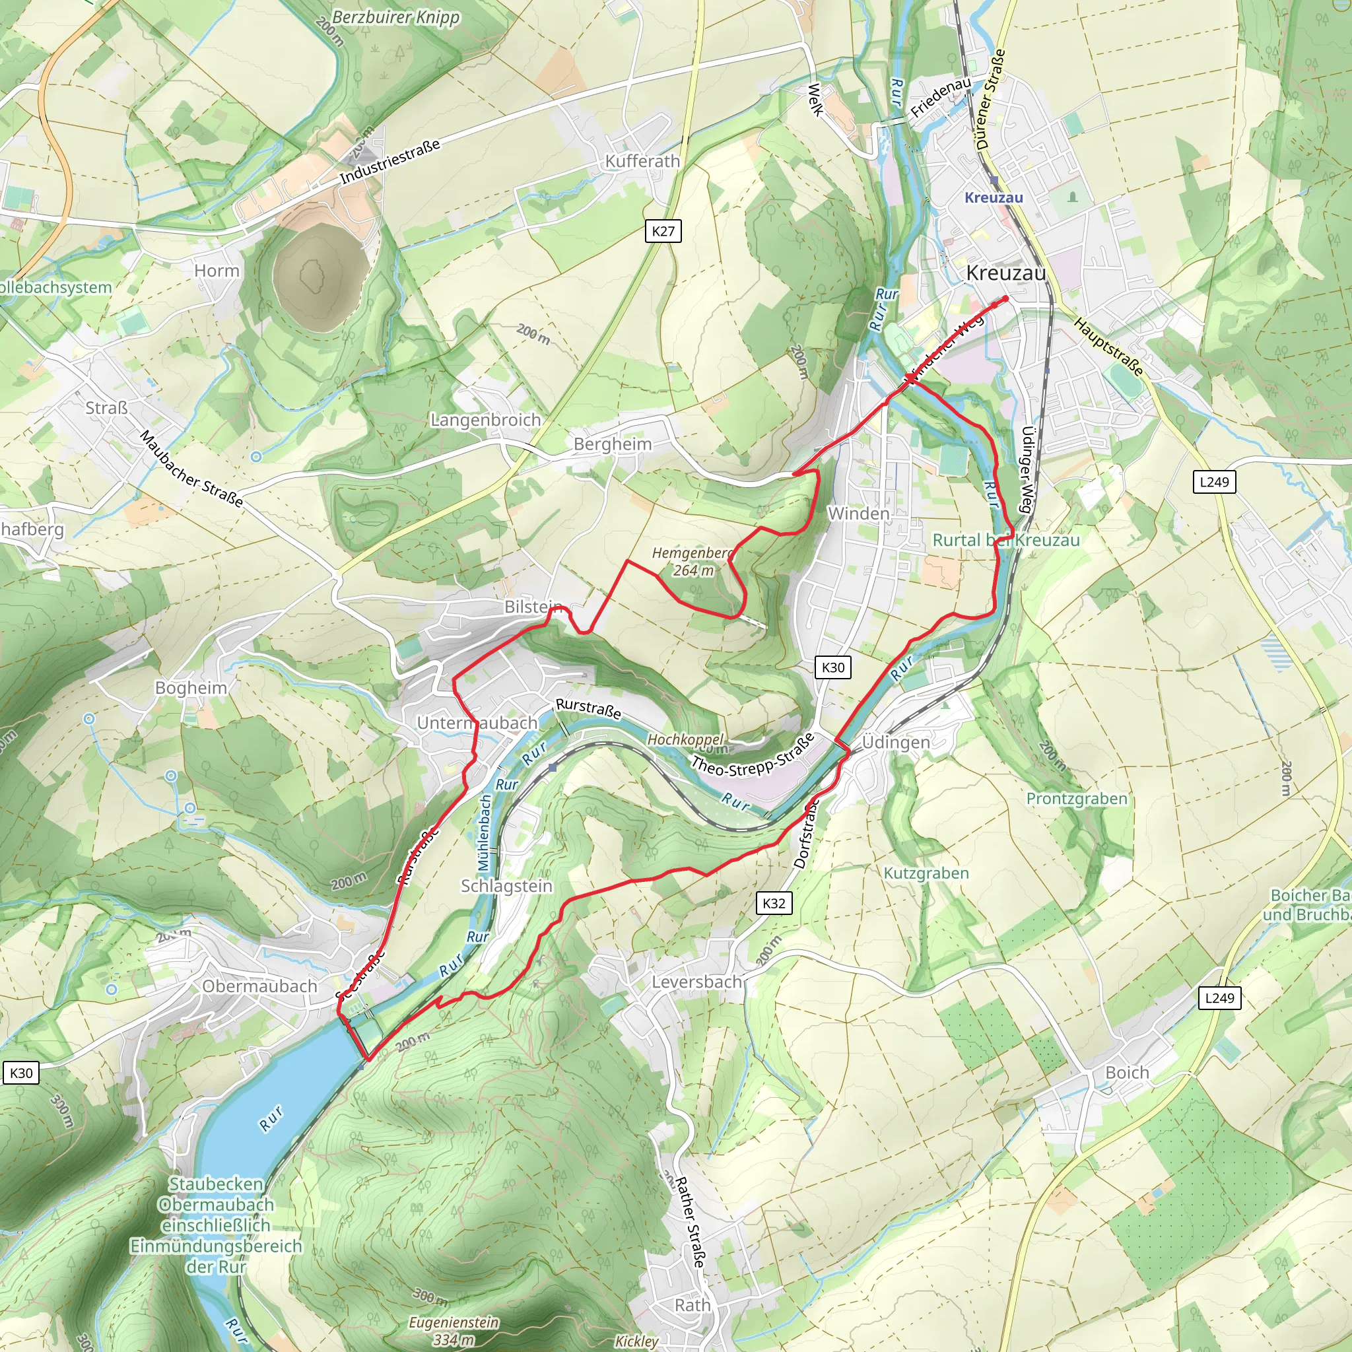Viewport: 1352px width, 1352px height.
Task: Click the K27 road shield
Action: coord(663,231)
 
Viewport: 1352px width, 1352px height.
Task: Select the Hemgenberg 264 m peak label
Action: coord(692,562)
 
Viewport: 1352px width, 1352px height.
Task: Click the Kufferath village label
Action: coord(642,161)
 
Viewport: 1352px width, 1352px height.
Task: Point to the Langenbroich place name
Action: coord(485,420)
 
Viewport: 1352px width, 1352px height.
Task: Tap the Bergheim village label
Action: coord(613,444)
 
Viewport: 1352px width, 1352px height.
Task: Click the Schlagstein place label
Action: coord(506,886)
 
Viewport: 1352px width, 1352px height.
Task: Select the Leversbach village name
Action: coord(696,982)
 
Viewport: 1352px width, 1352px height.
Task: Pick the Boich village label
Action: coord(1127,1073)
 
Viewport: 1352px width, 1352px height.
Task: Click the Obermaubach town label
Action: coord(259,986)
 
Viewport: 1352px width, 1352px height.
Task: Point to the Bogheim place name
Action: coord(191,688)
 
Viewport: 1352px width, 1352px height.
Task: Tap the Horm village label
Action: coord(217,271)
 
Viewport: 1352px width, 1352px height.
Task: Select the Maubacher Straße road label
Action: coord(191,469)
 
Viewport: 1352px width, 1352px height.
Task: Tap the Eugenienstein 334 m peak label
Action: coord(454,1330)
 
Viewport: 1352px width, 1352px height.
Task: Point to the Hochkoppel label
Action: coord(685,739)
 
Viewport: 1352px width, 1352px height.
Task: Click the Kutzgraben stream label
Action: coord(926,873)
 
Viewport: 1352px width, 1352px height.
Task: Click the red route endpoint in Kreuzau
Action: coord(1005,299)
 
